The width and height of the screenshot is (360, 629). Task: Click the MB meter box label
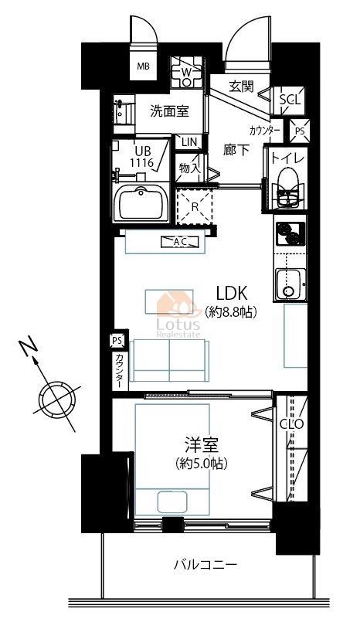click(x=143, y=66)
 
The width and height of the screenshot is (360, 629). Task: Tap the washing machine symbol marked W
click(x=186, y=72)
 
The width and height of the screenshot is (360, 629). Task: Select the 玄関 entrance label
click(x=241, y=86)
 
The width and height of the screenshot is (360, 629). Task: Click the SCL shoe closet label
click(x=290, y=100)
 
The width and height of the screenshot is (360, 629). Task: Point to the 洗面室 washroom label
click(x=170, y=111)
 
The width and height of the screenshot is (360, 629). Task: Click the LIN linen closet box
click(x=189, y=141)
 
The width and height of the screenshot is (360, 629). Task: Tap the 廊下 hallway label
click(x=236, y=150)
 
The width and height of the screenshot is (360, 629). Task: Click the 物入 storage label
click(x=188, y=168)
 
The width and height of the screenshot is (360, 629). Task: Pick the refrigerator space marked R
click(x=194, y=206)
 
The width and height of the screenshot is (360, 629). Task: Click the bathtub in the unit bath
click(x=141, y=204)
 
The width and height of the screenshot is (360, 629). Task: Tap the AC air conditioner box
click(x=180, y=242)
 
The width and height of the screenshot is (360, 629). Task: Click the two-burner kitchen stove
click(x=290, y=233)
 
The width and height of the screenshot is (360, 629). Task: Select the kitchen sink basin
click(x=290, y=284)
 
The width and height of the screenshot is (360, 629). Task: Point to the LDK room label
click(x=232, y=294)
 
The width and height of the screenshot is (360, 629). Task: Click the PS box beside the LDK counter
click(x=117, y=341)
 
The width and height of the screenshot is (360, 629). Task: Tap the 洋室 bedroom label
click(x=202, y=446)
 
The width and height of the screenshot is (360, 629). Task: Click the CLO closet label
click(x=292, y=424)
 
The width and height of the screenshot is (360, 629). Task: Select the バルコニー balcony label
click(x=205, y=565)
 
